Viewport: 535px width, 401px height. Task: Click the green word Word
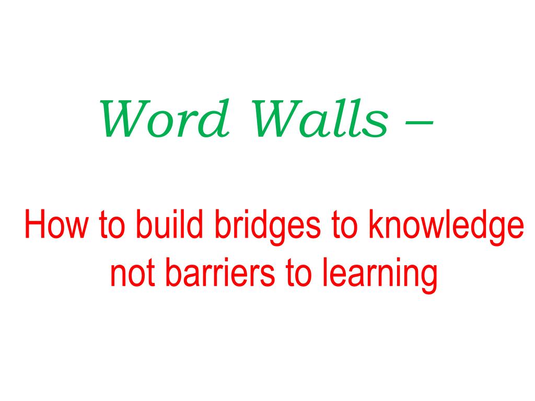point(164,118)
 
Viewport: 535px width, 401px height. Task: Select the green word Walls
point(320,118)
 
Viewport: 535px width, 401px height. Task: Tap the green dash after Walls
point(419,121)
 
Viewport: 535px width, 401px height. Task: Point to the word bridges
point(268,227)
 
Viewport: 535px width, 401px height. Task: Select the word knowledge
point(446,227)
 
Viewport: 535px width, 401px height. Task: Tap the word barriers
point(220,272)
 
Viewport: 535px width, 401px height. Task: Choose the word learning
point(380,275)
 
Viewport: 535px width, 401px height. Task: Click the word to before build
point(112,225)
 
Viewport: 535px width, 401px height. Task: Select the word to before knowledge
point(345,225)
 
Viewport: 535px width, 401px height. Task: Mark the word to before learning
point(298,274)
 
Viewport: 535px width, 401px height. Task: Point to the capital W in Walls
point(277,119)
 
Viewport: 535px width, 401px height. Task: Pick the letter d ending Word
point(217,118)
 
